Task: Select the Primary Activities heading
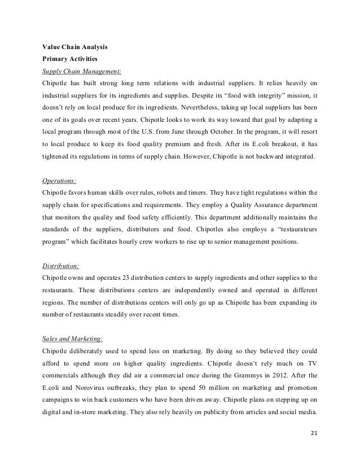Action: coord(71,59)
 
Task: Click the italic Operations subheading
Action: coord(60,182)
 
